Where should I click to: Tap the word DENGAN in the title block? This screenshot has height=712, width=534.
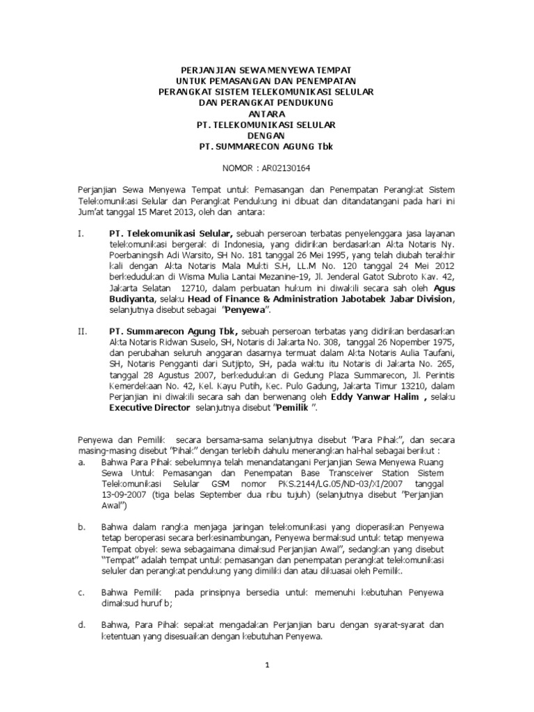(266, 136)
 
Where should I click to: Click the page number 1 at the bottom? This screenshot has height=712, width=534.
(267, 665)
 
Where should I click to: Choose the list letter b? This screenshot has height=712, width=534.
(81, 527)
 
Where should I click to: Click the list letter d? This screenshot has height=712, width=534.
(81, 624)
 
